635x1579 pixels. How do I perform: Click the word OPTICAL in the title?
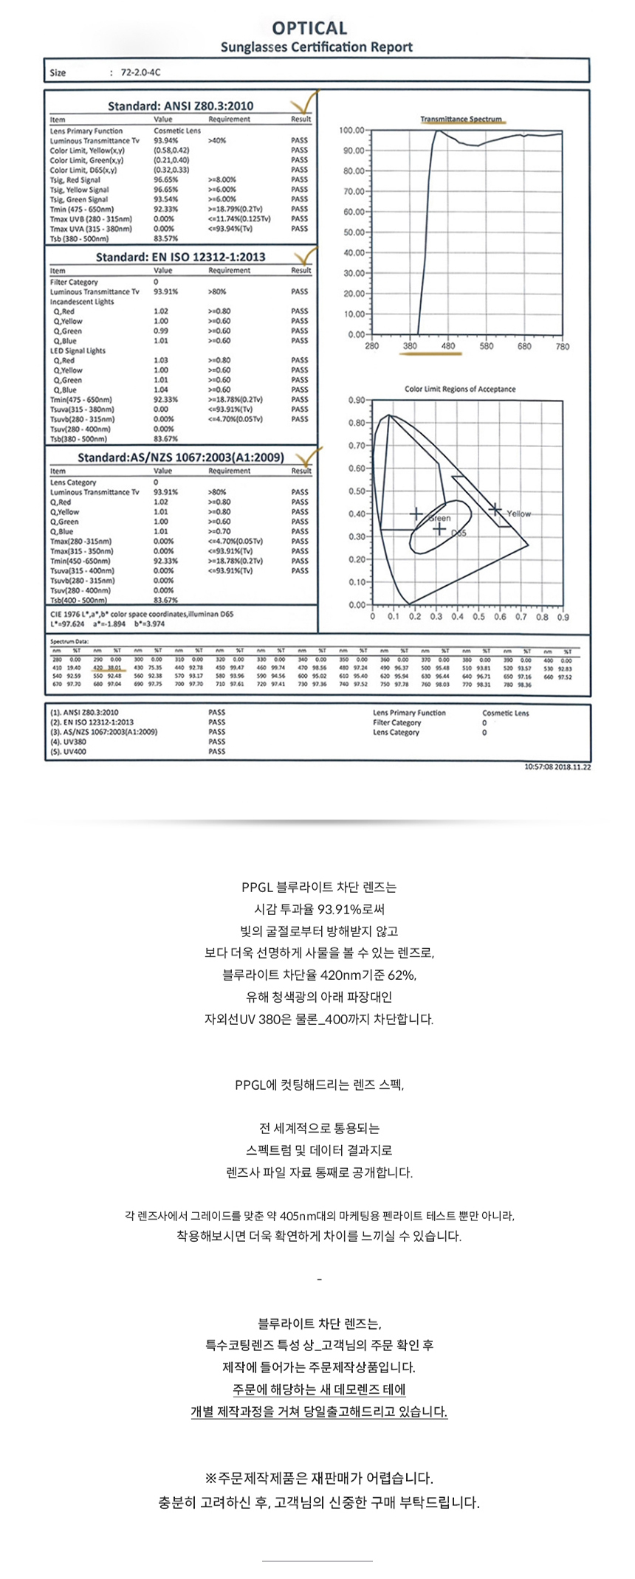[x=309, y=28]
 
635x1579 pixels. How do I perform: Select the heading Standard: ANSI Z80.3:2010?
[x=180, y=106]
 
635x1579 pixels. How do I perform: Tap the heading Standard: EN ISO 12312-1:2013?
[x=180, y=257]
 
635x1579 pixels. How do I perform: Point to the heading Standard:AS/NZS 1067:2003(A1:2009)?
[x=180, y=457]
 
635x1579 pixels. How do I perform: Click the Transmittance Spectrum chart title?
[x=461, y=119]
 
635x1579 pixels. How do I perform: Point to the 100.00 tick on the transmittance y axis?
[x=351, y=131]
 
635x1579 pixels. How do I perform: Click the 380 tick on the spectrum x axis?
[x=410, y=346]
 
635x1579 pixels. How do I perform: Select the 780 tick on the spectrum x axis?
[x=562, y=346]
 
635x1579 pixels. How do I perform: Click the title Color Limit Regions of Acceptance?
[x=460, y=389]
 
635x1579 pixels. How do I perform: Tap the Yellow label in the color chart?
[x=518, y=514]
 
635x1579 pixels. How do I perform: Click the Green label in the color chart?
[x=440, y=518]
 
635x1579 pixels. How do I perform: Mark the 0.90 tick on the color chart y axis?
[x=356, y=400]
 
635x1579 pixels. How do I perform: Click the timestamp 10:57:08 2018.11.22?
[x=557, y=767]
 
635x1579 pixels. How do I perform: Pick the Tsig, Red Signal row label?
[x=75, y=179]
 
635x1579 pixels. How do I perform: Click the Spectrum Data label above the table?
[x=69, y=641]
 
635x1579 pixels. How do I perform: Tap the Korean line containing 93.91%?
[x=319, y=909]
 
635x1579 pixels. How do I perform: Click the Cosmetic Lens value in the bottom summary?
[x=505, y=713]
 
